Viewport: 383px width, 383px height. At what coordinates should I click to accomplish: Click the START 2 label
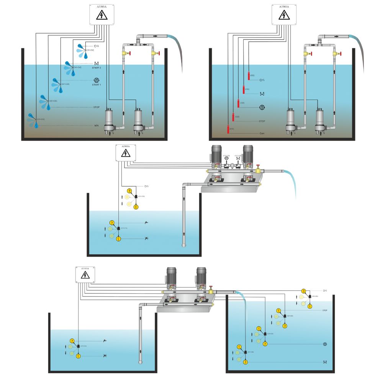pos(96,68)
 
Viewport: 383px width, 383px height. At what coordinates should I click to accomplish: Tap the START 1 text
pos(96,85)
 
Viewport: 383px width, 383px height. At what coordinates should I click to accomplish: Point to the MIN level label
pos(97,126)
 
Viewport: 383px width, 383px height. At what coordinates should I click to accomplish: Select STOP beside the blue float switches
pos(97,107)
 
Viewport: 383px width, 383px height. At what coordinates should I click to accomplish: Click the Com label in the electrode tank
pos(262,133)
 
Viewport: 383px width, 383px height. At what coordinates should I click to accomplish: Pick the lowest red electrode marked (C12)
pos(228,129)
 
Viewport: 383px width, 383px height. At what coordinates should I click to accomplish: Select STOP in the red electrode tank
pos(262,121)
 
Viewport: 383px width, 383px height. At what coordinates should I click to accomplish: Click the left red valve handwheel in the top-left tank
pos(130,53)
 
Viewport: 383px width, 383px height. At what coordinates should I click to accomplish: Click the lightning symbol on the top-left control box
pos(101,15)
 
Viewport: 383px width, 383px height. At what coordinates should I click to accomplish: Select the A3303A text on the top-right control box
pos(284,7)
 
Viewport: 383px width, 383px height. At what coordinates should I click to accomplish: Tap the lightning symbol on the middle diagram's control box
pos(125,153)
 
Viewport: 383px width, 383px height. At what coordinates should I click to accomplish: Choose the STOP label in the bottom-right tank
pos(325,311)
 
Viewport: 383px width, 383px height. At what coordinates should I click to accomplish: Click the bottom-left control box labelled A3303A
pos(85,275)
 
